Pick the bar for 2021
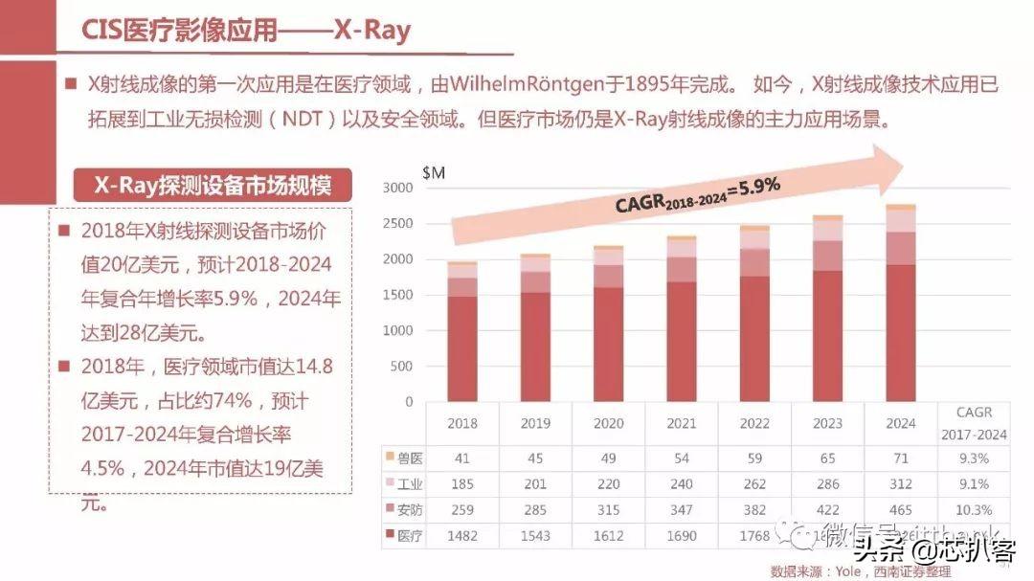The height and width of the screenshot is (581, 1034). pos(682,320)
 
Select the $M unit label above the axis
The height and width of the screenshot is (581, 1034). pos(433,171)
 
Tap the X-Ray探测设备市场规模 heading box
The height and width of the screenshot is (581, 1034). pos(213,186)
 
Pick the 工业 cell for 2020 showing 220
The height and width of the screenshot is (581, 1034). pos(608,483)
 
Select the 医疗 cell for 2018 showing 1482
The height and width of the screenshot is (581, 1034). pos(461,535)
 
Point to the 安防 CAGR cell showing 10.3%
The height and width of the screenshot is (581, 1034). pos(973,509)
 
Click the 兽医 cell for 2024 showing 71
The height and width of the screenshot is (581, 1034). pos(900,458)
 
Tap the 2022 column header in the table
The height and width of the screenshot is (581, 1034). pos(754,423)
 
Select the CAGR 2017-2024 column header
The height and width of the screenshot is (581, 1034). pos(974,423)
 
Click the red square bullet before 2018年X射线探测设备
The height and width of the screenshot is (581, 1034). pos(65,231)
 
